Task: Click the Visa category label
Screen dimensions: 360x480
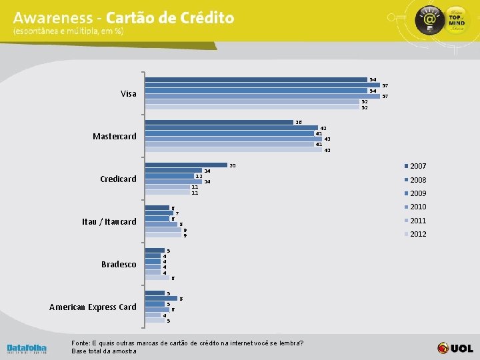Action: pos(129,94)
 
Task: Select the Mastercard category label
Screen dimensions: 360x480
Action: pos(115,137)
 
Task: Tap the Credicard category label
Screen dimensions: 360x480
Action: pos(118,179)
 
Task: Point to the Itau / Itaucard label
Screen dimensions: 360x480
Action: pos(109,222)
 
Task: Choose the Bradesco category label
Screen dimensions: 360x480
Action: pos(119,265)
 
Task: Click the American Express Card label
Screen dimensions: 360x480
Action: pos(93,307)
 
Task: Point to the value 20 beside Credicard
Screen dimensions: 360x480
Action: pos(233,165)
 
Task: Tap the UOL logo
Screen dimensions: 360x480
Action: pos(455,348)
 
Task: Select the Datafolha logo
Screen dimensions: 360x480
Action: pos(27,349)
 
